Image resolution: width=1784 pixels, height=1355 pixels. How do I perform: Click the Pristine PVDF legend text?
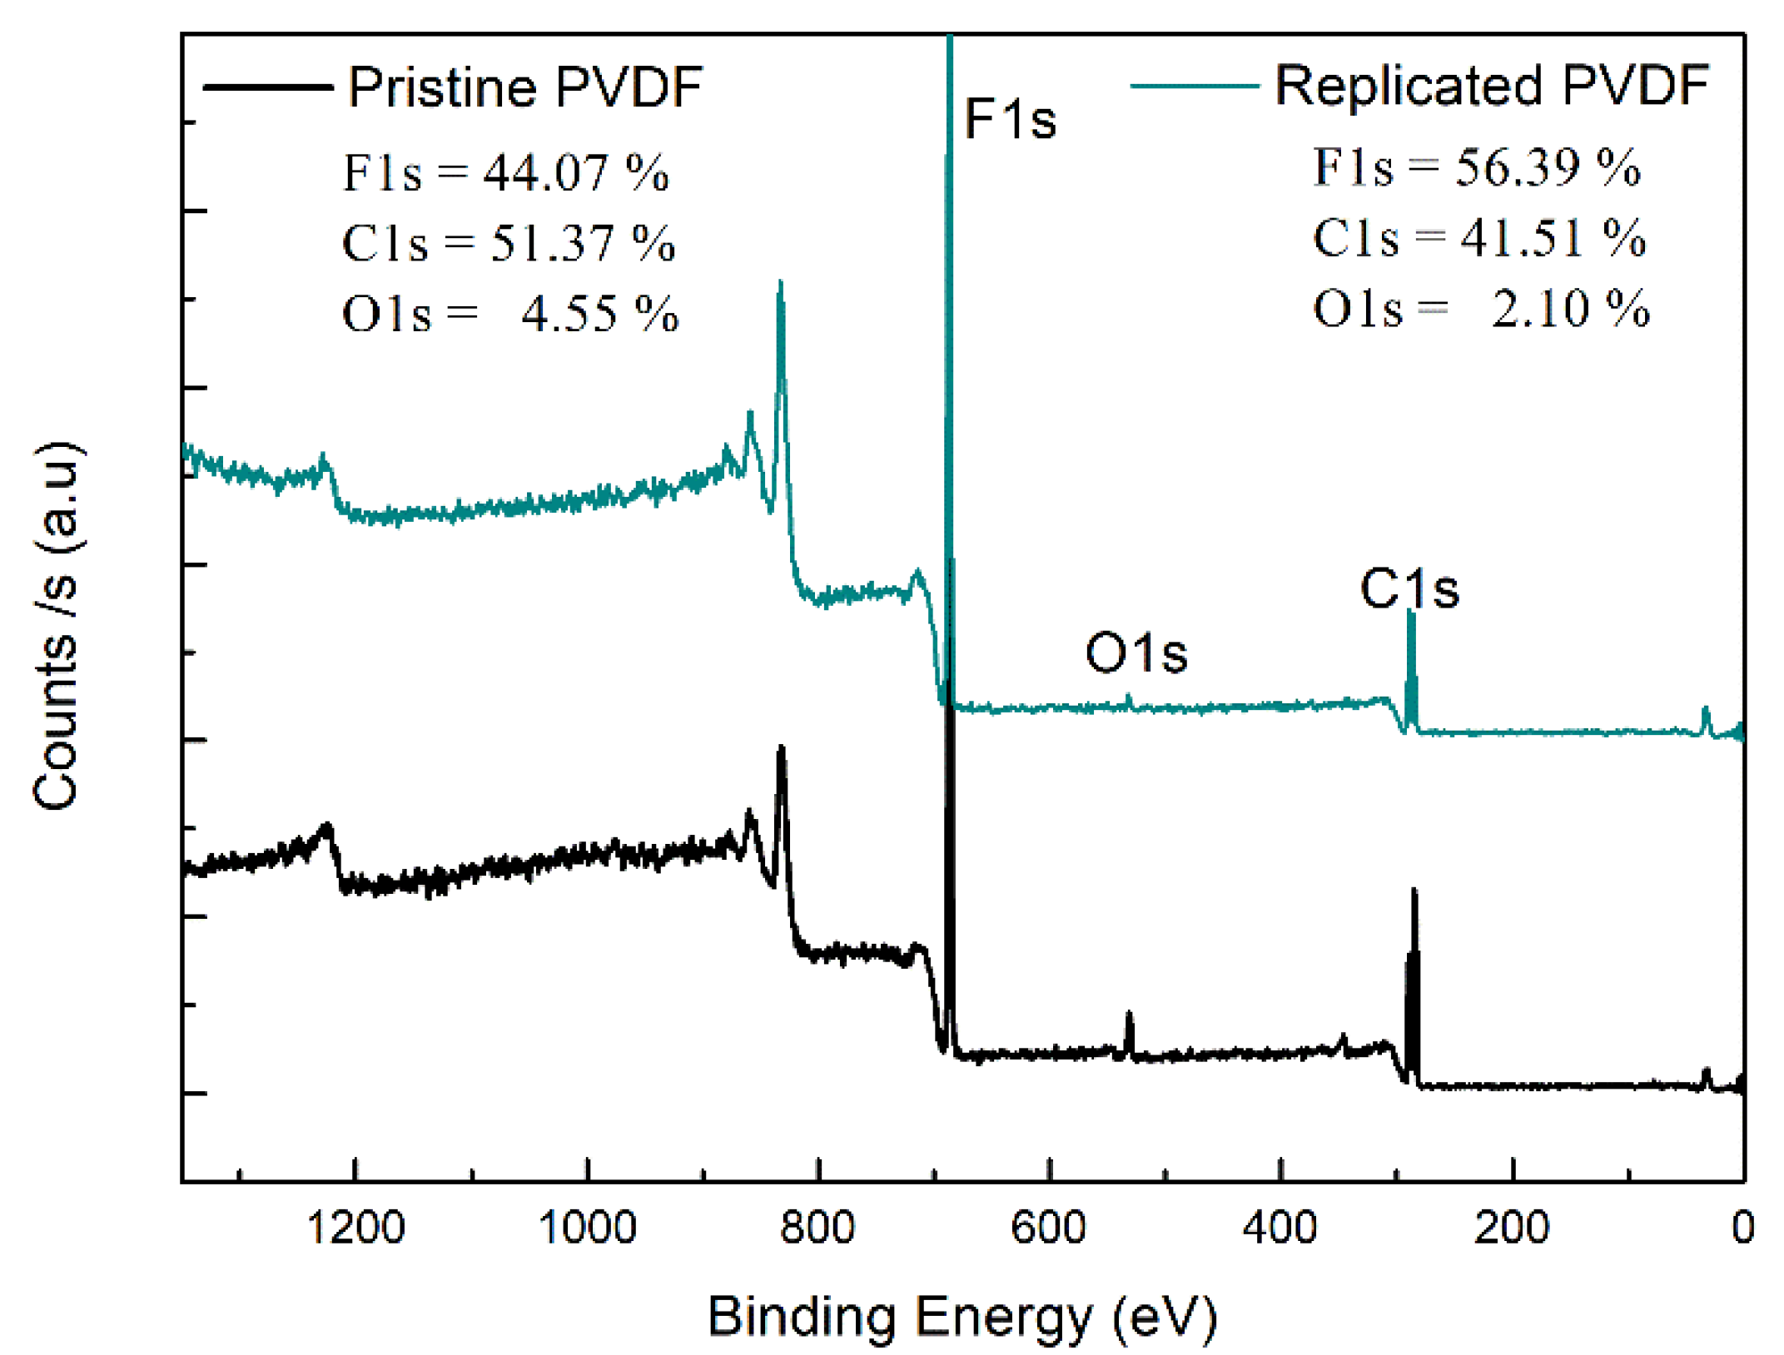(524, 87)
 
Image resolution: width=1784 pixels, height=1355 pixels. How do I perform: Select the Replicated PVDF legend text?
(1491, 85)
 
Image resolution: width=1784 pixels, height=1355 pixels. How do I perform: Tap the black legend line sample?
(267, 87)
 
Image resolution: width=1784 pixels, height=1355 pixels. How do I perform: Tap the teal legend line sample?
(1194, 86)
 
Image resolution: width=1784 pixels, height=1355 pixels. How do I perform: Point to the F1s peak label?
(1009, 119)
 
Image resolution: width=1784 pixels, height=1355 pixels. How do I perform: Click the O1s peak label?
(1135, 653)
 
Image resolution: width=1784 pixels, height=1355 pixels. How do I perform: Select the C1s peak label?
(1409, 589)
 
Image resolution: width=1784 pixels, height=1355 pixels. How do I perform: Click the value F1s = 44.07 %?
(505, 173)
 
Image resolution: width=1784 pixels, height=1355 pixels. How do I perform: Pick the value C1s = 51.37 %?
(508, 243)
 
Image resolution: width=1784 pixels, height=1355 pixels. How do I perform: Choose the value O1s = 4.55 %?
(509, 314)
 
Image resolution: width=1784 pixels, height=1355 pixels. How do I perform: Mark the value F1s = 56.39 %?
(1476, 167)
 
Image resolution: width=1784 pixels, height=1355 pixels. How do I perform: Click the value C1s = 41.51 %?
(1478, 238)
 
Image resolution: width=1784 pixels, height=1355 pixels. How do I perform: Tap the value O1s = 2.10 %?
(1480, 309)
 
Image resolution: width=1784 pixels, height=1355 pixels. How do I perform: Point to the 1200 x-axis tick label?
(355, 1228)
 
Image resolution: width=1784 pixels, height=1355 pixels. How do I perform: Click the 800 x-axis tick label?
(817, 1228)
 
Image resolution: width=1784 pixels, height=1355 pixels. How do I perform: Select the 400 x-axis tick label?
(1280, 1228)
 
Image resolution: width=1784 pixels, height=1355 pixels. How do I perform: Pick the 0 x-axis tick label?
(1742, 1228)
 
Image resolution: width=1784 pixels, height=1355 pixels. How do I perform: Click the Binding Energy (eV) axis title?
(962, 1317)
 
